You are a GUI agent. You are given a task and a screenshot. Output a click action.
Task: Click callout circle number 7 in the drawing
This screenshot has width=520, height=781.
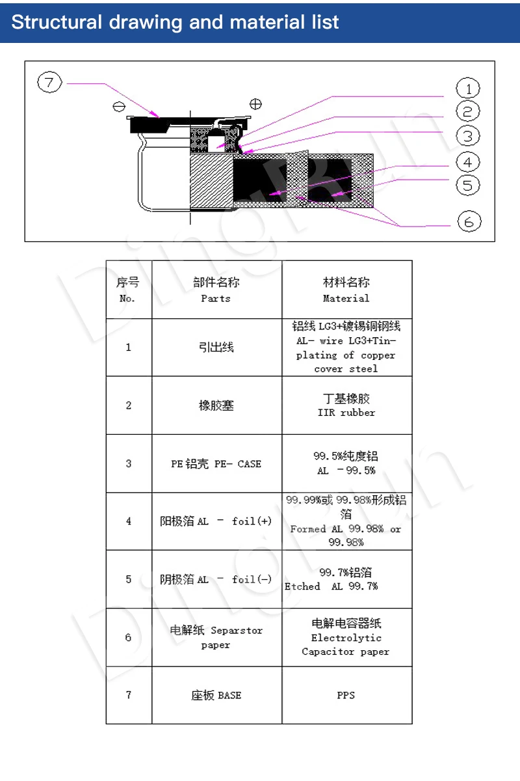pyautogui.click(x=50, y=83)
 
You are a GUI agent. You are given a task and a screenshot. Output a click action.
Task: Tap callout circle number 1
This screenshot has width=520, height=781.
pyautogui.click(x=467, y=88)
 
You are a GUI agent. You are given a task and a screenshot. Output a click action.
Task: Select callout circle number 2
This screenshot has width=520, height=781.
pyautogui.click(x=467, y=111)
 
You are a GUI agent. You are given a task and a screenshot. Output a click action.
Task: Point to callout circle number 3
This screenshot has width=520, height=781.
pyautogui.click(x=467, y=135)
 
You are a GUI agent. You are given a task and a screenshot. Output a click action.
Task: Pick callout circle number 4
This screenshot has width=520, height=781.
pyautogui.click(x=467, y=161)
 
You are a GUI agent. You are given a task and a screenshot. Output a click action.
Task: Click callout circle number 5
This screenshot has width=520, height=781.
pyautogui.click(x=467, y=185)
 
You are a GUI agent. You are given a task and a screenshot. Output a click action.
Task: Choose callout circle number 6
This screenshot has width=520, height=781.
pyautogui.click(x=469, y=221)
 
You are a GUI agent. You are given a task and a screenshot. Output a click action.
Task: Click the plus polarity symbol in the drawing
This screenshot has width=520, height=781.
pyautogui.click(x=256, y=103)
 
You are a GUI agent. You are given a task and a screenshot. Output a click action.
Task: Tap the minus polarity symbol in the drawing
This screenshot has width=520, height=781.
pyautogui.click(x=118, y=106)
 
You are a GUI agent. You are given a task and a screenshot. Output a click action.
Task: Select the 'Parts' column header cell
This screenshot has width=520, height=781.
pyautogui.click(x=216, y=290)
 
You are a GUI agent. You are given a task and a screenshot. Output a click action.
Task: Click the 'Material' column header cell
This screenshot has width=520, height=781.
pyautogui.click(x=346, y=290)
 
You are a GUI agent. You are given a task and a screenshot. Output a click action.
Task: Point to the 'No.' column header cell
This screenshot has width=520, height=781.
pyautogui.click(x=128, y=290)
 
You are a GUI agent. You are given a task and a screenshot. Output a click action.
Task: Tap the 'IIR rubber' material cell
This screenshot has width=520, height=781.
pyautogui.click(x=346, y=405)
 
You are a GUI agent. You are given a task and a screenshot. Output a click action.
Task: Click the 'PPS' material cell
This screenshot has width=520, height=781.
pyautogui.click(x=346, y=695)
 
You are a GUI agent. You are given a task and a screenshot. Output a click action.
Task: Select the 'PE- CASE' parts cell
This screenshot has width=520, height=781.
pyautogui.click(x=216, y=463)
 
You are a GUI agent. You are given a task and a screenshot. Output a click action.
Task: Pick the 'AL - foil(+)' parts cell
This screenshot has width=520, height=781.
pyautogui.click(x=216, y=521)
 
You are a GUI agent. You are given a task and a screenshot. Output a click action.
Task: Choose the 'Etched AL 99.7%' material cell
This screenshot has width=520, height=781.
pyautogui.click(x=346, y=579)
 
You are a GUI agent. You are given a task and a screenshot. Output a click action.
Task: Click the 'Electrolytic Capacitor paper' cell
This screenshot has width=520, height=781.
pyautogui.click(x=346, y=637)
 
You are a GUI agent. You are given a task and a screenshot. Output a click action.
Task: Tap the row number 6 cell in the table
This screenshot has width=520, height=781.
pyautogui.click(x=128, y=637)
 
